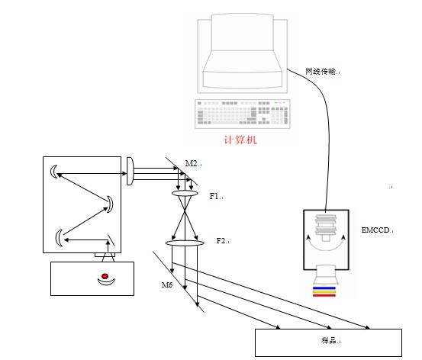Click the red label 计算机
pyautogui.click(x=240, y=140)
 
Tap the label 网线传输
pyautogui.click(x=321, y=71)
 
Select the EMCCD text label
pyautogui.click(x=375, y=230)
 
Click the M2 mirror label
pyautogui.click(x=192, y=163)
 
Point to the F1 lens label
pyautogui.click(x=214, y=196)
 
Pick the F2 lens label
pyautogui.click(x=221, y=240)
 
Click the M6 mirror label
pyautogui.click(x=167, y=284)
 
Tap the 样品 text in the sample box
pyautogui.click(x=328, y=340)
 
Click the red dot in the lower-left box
pyautogui.click(x=105, y=276)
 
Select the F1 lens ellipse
pyautogui.click(x=185, y=194)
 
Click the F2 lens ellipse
pyautogui.click(x=185, y=243)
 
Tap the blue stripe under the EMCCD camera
pyautogui.click(x=324, y=288)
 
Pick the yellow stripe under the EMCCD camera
pyautogui.click(x=324, y=291)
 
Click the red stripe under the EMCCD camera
pyautogui.click(x=324, y=295)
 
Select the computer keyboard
pyautogui.click(x=243, y=114)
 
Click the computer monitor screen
pyautogui.click(x=243, y=32)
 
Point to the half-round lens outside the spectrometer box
pyautogui.click(x=130, y=171)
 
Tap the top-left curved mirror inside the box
pyautogui.click(x=53, y=172)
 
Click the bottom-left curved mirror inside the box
pyautogui.click(x=58, y=238)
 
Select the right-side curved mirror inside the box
pyautogui.click(x=110, y=204)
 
